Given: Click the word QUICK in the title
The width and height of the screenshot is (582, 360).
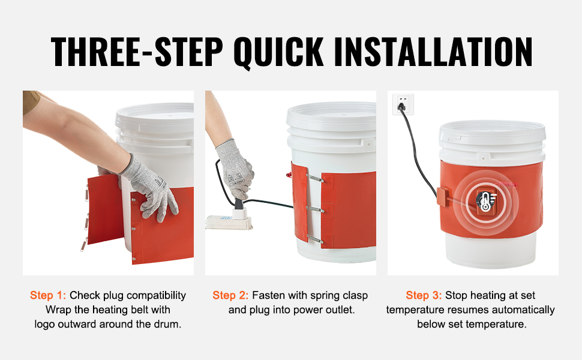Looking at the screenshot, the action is click(x=278, y=52).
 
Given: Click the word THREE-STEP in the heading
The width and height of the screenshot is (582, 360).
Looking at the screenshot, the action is click(x=137, y=52).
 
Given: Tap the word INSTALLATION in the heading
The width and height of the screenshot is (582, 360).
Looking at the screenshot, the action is click(x=433, y=52).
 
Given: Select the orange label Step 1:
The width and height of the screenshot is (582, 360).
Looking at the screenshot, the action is click(x=48, y=295).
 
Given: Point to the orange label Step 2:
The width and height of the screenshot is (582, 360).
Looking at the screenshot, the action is click(x=230, y=295).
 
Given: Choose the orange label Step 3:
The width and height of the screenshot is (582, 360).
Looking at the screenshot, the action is click(x=424, y=295).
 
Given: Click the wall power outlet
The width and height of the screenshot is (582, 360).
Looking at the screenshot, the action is click(x=403, y=104).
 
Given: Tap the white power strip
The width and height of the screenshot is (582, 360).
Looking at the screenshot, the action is click(x=229, y=221).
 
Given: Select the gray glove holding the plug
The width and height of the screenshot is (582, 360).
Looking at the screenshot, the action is click(x=235, y=169).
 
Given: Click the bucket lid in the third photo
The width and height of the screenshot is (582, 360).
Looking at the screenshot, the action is click(x=493, y=133).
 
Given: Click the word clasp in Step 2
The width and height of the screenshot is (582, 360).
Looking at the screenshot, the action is click(x=355, y=296).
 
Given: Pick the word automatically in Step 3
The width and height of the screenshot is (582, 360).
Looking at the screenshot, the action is click(x=523, y=310).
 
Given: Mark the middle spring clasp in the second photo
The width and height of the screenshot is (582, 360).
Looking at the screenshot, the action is click(x=315, y=209).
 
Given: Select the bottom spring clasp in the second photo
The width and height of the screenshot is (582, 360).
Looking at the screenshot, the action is click(x=315, y=239).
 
